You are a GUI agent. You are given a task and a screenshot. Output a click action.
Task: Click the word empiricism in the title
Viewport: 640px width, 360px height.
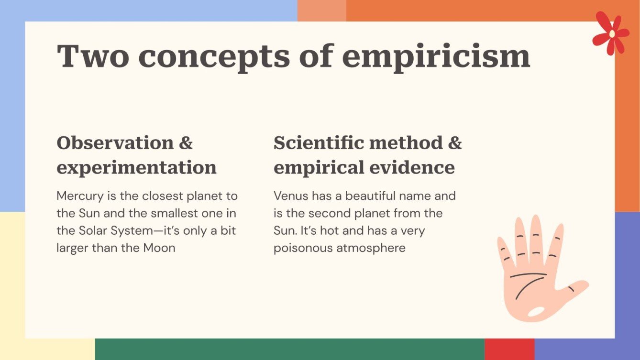(x=436, y=56)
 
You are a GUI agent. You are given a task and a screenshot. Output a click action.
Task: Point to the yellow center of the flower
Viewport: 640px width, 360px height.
(x=612, y=33)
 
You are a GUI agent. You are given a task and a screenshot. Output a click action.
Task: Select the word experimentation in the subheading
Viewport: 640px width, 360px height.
(x=136, y=167)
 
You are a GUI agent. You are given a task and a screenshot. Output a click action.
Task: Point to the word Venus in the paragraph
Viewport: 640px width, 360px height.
(x=291, y=196)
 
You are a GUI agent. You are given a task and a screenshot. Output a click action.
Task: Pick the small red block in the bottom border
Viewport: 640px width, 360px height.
(x=509, y=349)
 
